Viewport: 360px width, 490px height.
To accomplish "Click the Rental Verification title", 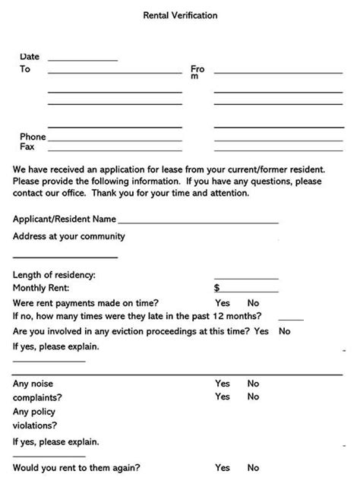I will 179,15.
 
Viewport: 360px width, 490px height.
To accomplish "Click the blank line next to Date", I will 82,58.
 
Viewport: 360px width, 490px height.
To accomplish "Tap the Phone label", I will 33,137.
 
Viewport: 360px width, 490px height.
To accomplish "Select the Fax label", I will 27,147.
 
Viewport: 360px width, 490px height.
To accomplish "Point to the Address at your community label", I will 69,236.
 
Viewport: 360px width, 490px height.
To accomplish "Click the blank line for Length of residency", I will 245,277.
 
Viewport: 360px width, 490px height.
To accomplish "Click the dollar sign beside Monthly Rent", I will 217,288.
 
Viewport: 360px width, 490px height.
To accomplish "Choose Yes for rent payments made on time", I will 223,302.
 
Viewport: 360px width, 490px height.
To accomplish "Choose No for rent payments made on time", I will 253,302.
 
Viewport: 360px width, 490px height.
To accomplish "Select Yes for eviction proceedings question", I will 261,331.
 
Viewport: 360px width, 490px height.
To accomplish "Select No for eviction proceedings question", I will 285,331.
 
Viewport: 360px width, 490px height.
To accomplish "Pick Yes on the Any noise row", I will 223,384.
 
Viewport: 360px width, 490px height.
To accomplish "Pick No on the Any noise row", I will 253,384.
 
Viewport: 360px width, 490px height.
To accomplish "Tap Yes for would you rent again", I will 223,468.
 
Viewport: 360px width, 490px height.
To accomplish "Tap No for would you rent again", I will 253,468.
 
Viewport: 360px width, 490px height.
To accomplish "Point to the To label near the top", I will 25,69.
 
